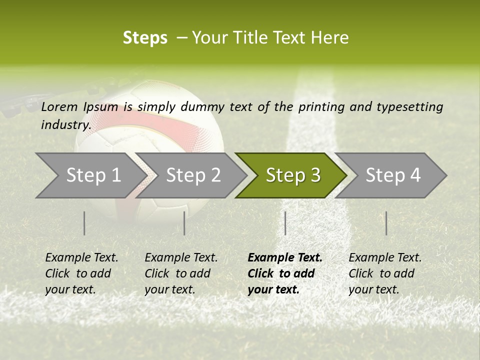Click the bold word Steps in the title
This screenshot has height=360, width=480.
pyautogui.click(x=145, y=37)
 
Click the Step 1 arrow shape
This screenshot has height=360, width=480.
pyautogui.click(x=90, y=175)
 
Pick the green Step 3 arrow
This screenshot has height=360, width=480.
pyautogui.click(x=292, y=175)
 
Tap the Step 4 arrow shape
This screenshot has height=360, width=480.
pyautogui.click(x=392, y=175)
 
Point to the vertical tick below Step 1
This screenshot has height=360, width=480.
pyautogui.click(x=84, y=223)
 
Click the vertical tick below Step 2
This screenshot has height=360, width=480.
pyautogui.click(x=184, y=223)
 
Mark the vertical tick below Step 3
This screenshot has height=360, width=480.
pyautogui.click(x=285, y=223)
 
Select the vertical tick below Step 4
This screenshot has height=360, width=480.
pyautogui.click(x=386, y=223)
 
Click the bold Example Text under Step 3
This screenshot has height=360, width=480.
pyautogui.click(x=285, y=258)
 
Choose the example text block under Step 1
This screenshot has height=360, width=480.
pyautogui.click(x=81, y=273)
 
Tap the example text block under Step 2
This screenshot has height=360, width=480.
pyautogui.click(x=181, y=273)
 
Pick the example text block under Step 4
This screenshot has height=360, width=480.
pyautogui.click(x=385, y=273)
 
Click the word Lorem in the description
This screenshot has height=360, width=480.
pyautogui.click(x=59, y=107)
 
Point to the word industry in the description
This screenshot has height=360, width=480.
pyautogui.click(x=66, y=125)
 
